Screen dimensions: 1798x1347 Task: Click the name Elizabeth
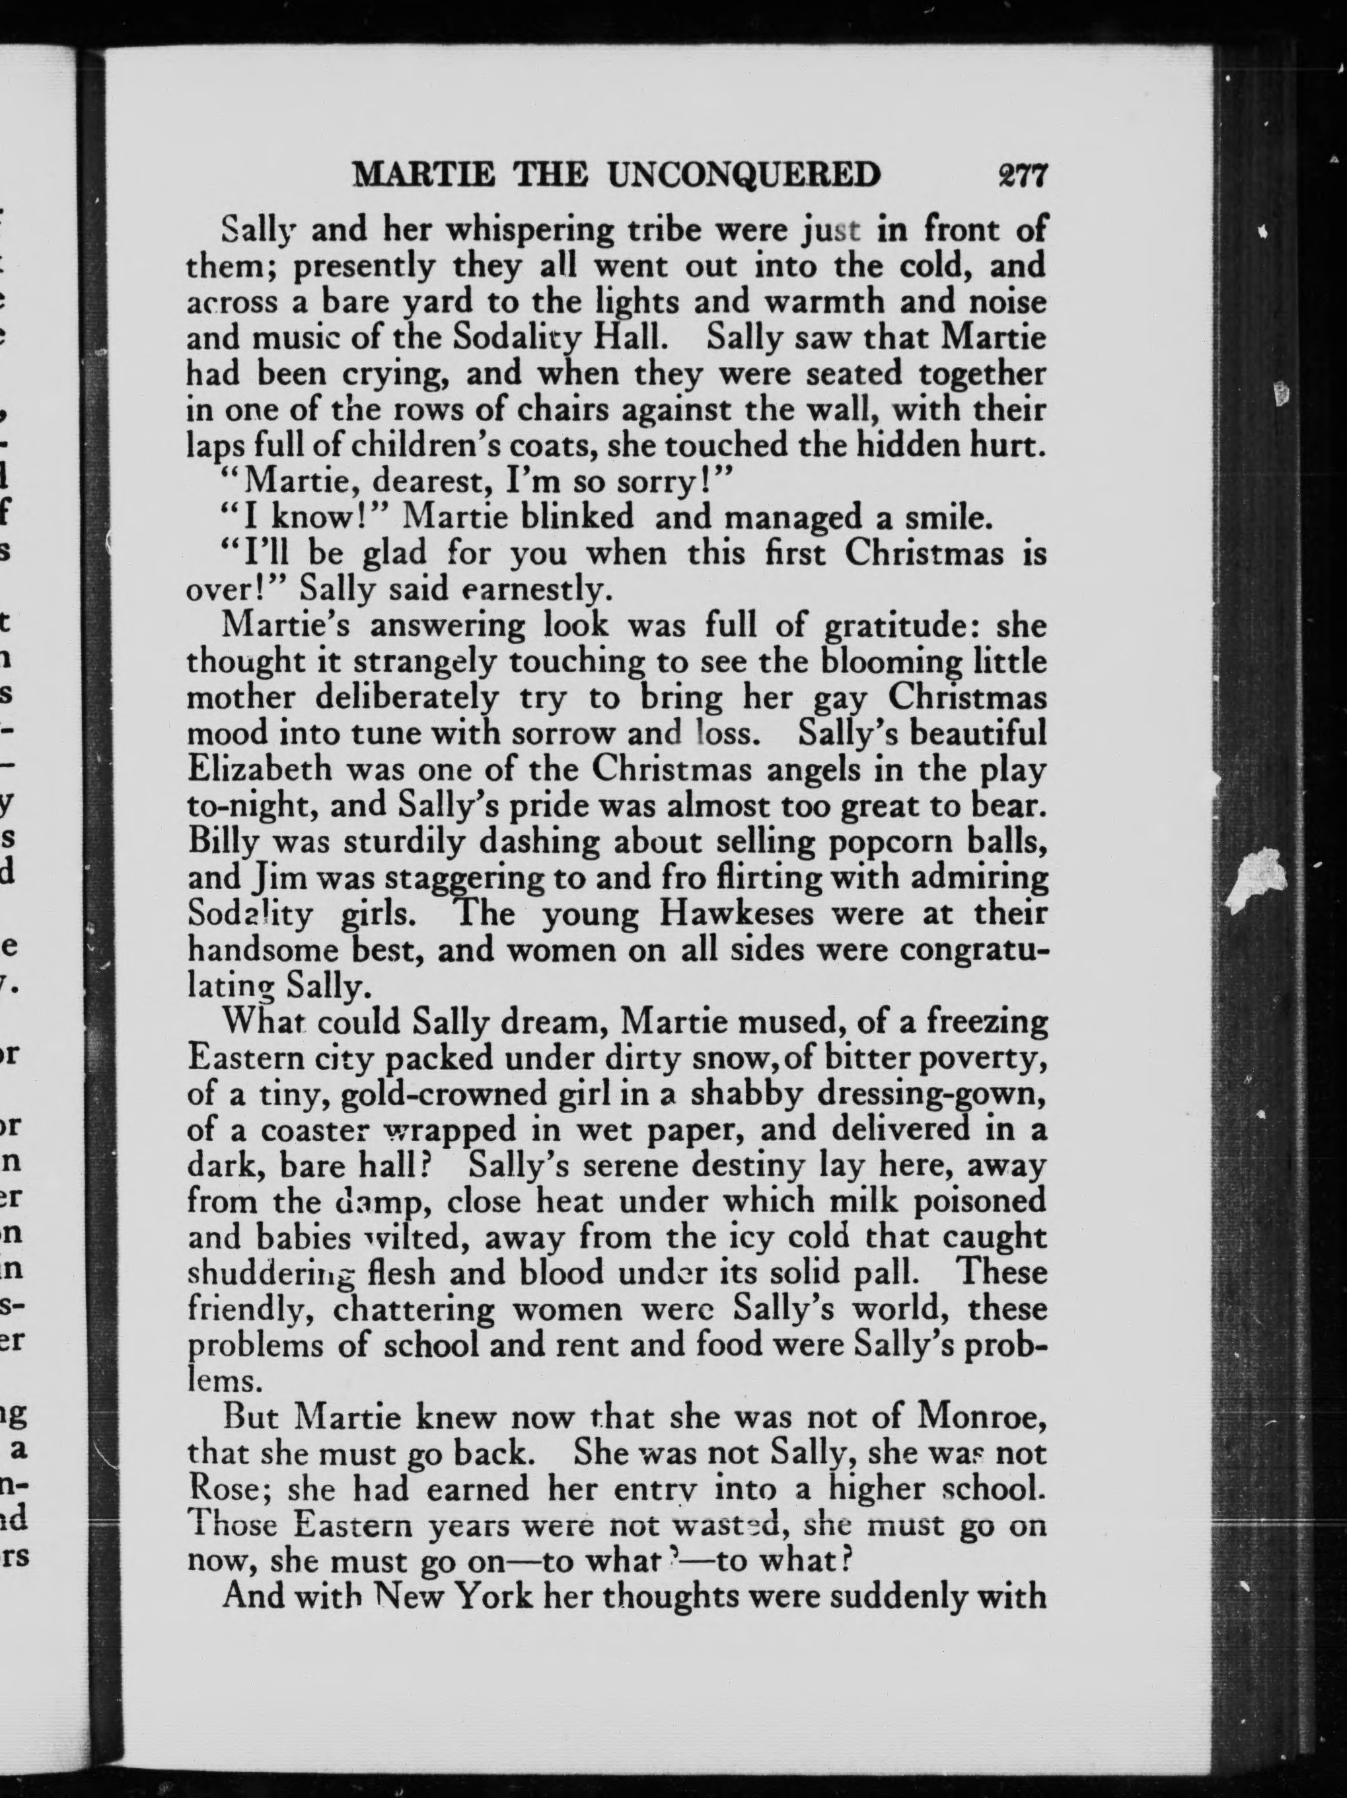click(x=260, y=769)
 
